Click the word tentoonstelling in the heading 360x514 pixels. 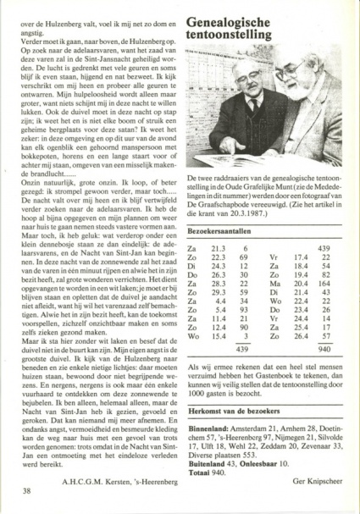229,34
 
